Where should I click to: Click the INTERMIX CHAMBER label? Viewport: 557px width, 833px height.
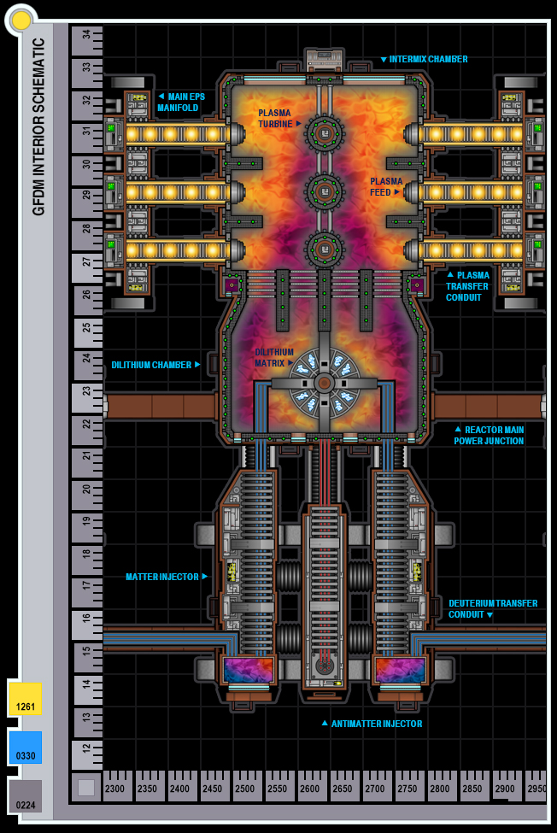428,59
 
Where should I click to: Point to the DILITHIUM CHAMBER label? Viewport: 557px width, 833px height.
151,365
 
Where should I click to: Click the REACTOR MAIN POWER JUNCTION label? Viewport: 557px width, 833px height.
489,436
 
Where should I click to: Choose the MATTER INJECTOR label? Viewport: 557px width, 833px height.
162,577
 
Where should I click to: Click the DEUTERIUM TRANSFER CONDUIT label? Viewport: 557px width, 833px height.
493,608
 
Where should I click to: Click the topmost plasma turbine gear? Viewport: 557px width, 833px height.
325,133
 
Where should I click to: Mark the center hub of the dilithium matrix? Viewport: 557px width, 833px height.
324,383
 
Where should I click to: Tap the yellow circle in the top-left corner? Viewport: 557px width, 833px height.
21,20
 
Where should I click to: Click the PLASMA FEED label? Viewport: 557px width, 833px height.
385,186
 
